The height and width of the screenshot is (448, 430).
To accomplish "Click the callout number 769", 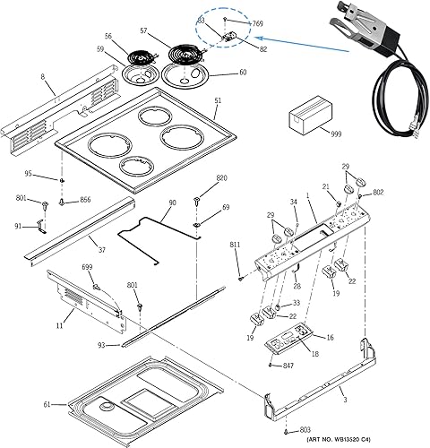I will point(258,23).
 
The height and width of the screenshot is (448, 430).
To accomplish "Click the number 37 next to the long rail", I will point(101,250).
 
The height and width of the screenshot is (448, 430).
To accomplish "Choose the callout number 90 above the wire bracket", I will point(172,203).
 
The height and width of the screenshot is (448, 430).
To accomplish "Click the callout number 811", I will point(235,245).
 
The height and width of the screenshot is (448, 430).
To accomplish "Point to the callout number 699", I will point(87,268).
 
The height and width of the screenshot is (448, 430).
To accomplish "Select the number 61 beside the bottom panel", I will point(47,404).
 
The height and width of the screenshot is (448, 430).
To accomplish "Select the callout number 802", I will point(378,192).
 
